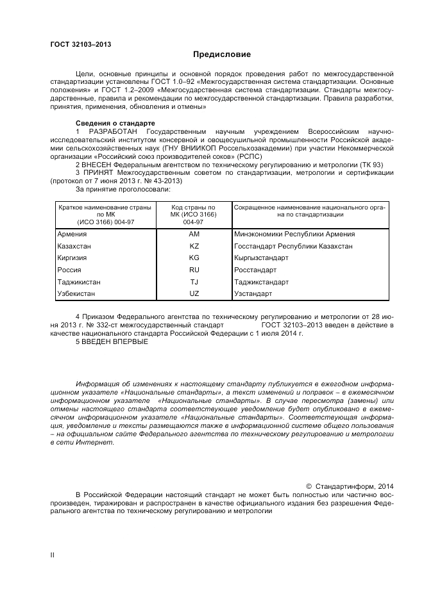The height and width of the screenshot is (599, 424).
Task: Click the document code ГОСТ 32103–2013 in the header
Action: (x=81, y=44)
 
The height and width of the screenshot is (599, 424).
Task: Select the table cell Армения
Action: (x=72, y=234)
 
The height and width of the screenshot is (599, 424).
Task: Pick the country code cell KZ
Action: (x=194, y=246)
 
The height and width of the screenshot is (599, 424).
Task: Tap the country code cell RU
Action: (x=194, y=270)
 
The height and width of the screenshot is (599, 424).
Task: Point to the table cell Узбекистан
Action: (x=76, y=293)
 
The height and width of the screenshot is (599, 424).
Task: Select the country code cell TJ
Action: (x=194, y=282)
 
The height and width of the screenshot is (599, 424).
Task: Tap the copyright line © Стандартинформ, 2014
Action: (x=349, y=486)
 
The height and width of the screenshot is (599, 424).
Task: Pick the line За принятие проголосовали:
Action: (x=123, y=188)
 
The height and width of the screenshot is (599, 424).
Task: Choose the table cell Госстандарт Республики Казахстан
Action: (x=294, y=246)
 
